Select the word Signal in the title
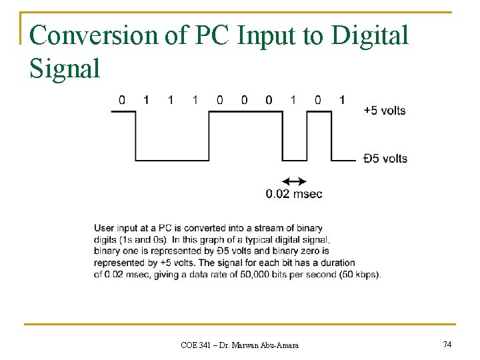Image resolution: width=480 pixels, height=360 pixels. tap(65, 67)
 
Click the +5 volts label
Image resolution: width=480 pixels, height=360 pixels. tap(385, 110)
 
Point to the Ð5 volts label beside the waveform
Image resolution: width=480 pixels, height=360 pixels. tap(385, 159)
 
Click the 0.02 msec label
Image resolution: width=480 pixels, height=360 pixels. tap(294, 194)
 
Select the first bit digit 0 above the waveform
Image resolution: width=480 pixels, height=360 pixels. tap(122, 100)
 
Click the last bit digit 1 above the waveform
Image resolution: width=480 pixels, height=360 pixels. tap(342, 100)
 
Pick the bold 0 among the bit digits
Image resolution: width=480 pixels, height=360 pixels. tap(269, 100)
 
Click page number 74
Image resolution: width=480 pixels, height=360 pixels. tap(447, 344)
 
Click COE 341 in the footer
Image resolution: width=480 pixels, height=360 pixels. tap(195, 345)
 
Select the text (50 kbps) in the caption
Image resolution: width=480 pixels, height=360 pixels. tap(359, 275)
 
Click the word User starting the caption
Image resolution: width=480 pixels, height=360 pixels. tap(105, 227)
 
